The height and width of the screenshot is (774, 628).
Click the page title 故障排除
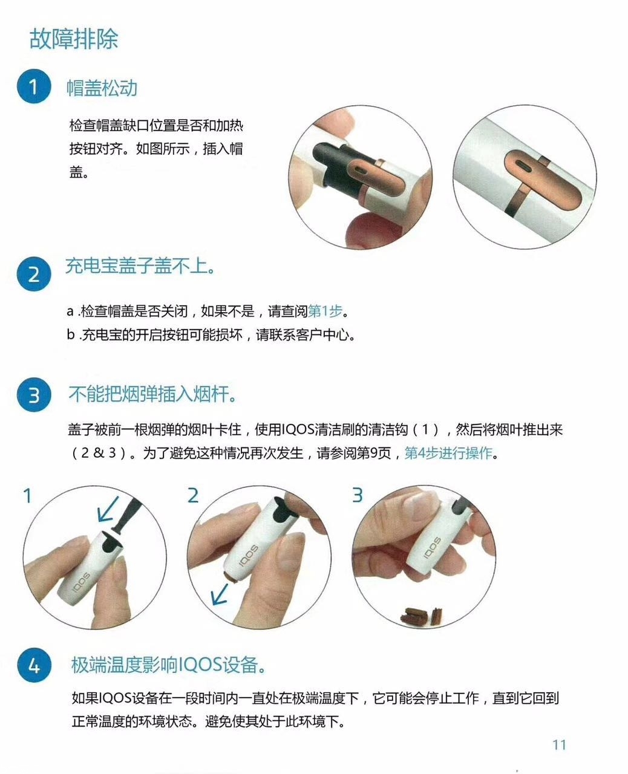73,38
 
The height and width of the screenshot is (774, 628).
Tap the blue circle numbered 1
33,87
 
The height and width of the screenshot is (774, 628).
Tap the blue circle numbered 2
33,275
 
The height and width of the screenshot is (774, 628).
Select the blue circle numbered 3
33,395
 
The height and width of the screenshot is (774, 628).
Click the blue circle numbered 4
33,666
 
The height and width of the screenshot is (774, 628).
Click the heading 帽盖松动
102,88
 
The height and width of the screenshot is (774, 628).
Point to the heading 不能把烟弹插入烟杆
151,395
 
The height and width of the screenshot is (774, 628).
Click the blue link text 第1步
325,311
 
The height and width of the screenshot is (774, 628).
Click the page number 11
558,744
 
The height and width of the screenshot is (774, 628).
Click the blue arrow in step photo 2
218,596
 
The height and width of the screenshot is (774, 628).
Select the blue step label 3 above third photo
357,495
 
